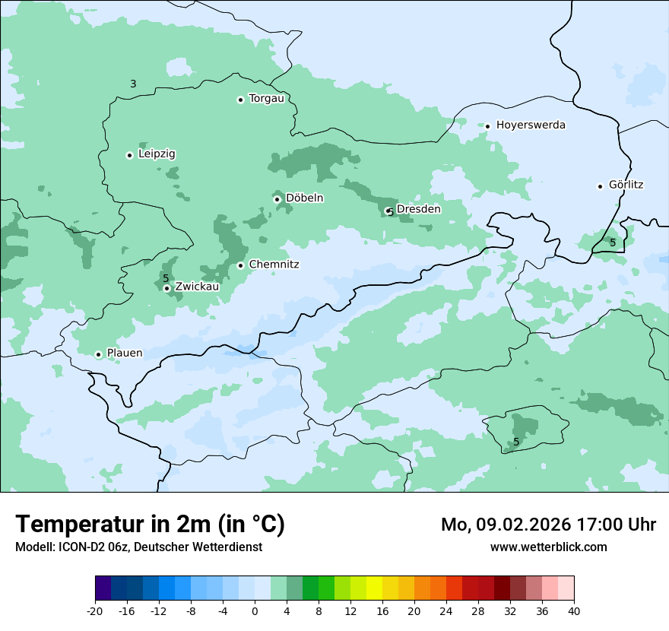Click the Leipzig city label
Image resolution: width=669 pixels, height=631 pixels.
pyautogui.click(x=157, y=154)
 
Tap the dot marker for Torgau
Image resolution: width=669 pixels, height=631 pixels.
pyautogui.click(x=240, y=100)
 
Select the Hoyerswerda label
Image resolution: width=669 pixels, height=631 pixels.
pyautogui.click(x=531, y=125)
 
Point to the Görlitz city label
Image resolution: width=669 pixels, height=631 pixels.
pyautogui.click(x=626, y=185)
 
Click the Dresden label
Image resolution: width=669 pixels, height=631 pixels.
pyautogui.click(x=418, y=209)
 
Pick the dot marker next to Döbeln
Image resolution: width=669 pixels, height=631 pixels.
pyautogui.click(x=277, y=199)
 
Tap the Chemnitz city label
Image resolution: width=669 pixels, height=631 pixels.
pyautogui.click(x=274, y=265)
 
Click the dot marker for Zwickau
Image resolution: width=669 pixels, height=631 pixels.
pyautogui.click(x=166, y=288)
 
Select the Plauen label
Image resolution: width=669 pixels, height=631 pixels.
pyautogui.click(x=124, y=354)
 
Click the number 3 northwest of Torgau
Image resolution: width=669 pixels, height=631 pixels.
pyautogui.click(x=133, y=84)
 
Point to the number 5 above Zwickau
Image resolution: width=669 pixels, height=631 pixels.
pyautogui.click(x=165, y=278)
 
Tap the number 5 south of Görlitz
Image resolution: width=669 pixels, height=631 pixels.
pyautogui.click(x=613, y=243)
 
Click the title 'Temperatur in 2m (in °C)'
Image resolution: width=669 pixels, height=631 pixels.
pyautogui.click(x=150, y=525)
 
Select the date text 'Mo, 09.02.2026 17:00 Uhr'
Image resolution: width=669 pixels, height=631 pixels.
pyautogui.click(x=548, y=525)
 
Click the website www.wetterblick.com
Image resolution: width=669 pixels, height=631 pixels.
pyautogui.click(x=548, y=547)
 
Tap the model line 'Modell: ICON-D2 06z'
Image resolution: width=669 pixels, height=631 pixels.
pyautogui.click(x=84, y=547)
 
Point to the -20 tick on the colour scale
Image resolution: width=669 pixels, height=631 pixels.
pyautogui.click(x=95, y=610)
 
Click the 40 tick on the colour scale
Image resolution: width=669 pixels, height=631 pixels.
pyautogui.click(x=574, y=610)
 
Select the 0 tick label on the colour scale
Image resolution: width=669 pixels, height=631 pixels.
pyautogui.click(x=255, y=610)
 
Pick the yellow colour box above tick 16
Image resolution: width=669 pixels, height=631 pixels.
pyautogui.click(x=374, y=588)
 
